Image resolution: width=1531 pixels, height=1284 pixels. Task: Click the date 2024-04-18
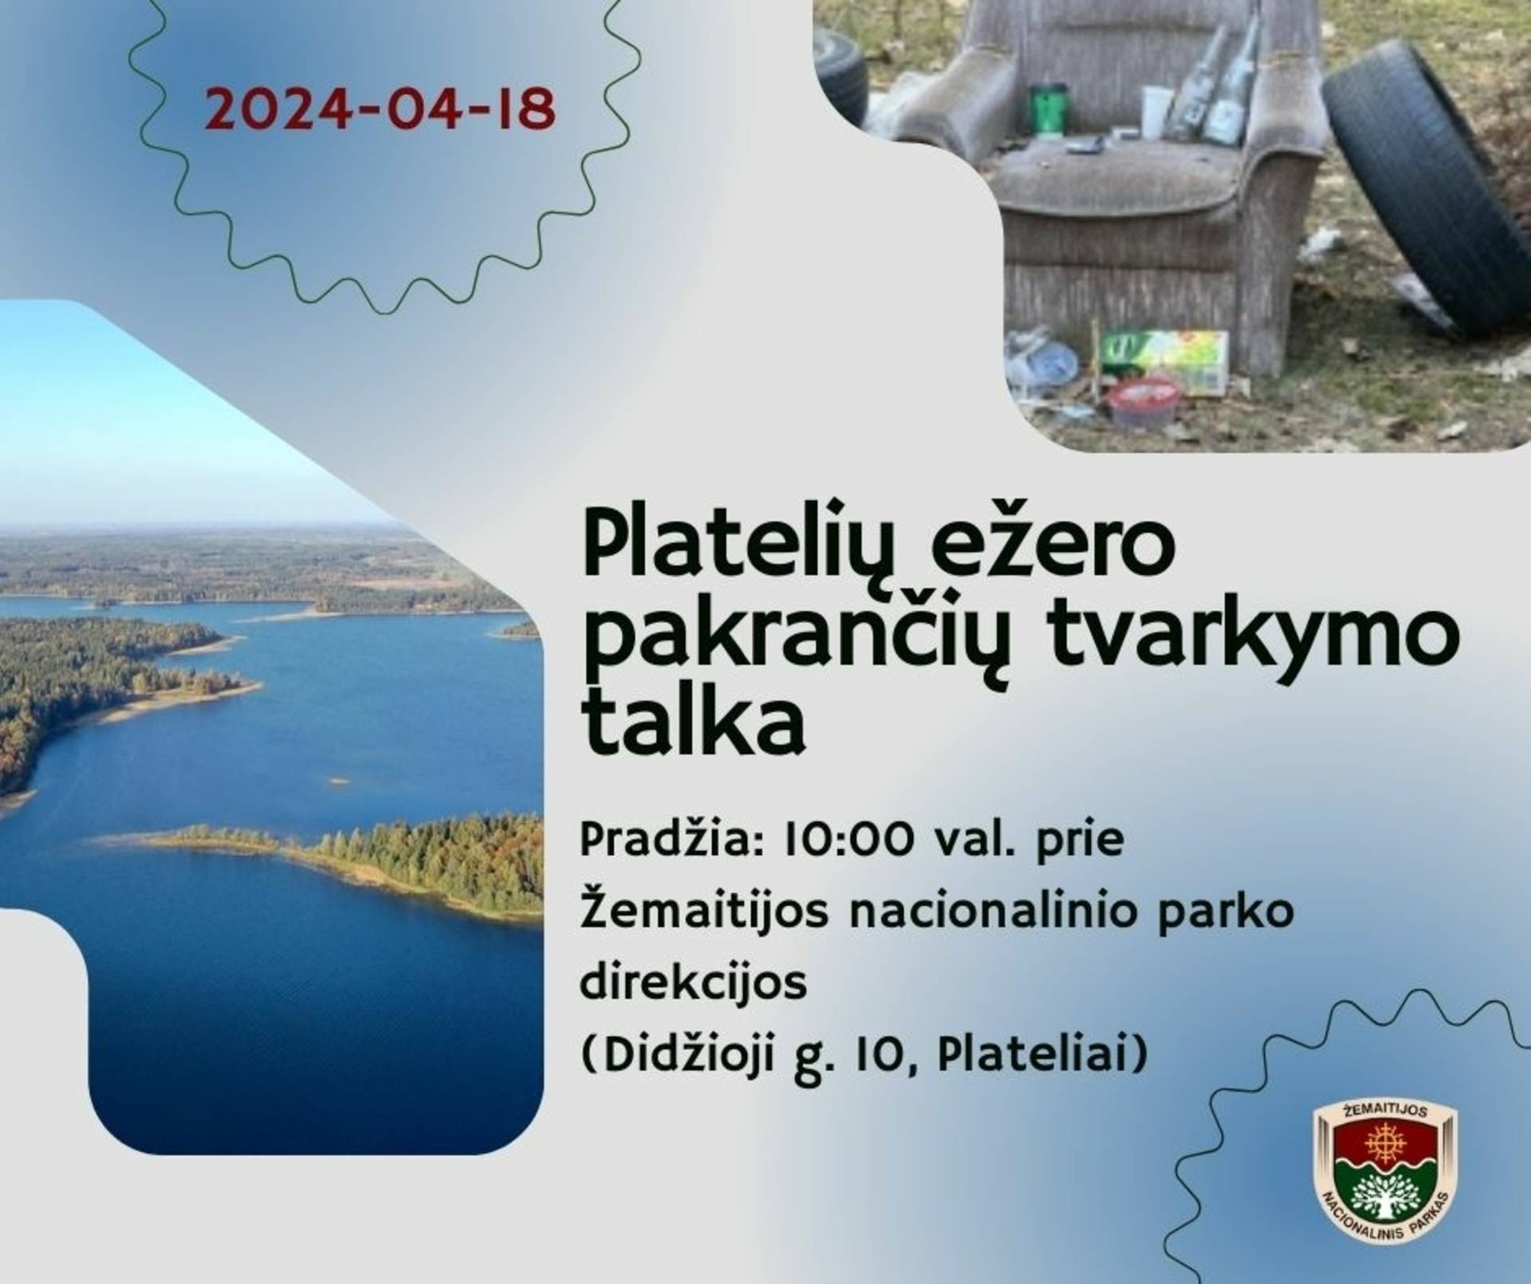pyautogui.click(x=380, y=110)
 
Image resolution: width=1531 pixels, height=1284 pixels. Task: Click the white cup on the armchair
pyautogui.click(x=1156, y=112)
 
